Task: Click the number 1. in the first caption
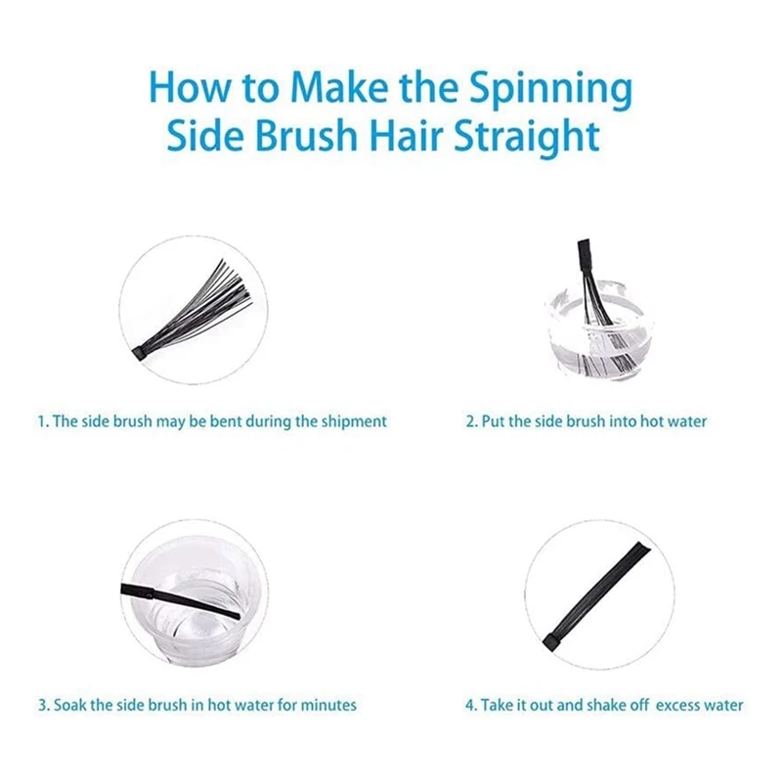point(43,421)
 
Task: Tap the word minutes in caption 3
point(330,704)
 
